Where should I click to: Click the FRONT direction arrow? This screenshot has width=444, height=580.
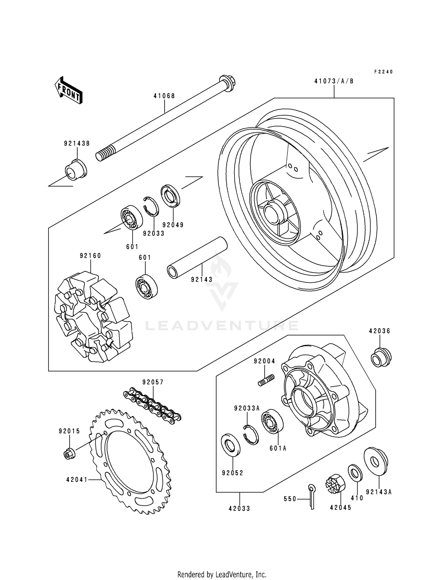point(68,90)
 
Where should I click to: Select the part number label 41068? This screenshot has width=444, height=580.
point(164,96)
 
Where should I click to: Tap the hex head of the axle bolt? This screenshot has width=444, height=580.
point(227,82)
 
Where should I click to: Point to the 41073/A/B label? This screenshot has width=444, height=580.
point(334,81)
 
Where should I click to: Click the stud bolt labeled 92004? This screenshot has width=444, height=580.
point(266,380)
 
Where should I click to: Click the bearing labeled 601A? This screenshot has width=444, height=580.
point(272,421)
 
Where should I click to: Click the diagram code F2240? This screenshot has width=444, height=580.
point(383,72)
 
